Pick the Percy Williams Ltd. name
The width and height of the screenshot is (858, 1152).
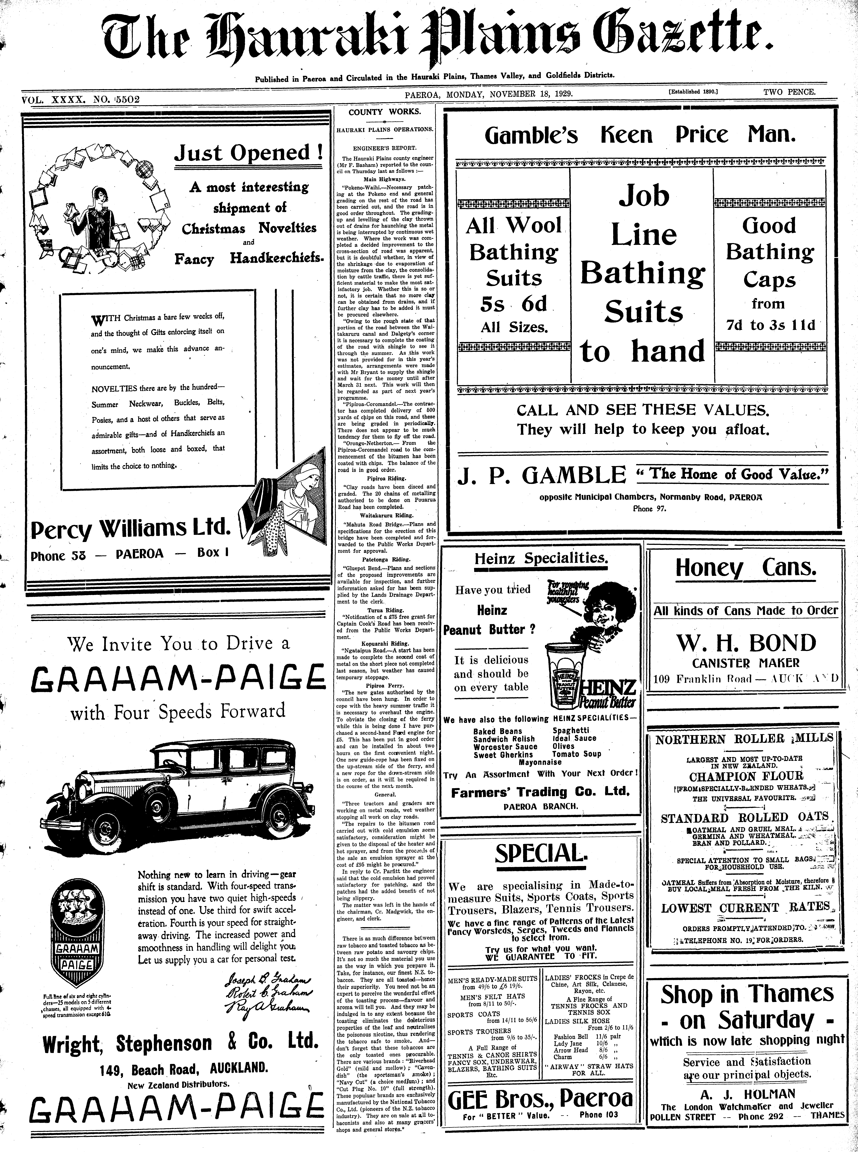click(x=130, y=529)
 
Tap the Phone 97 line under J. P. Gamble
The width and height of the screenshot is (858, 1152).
click(x=649, y=509)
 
